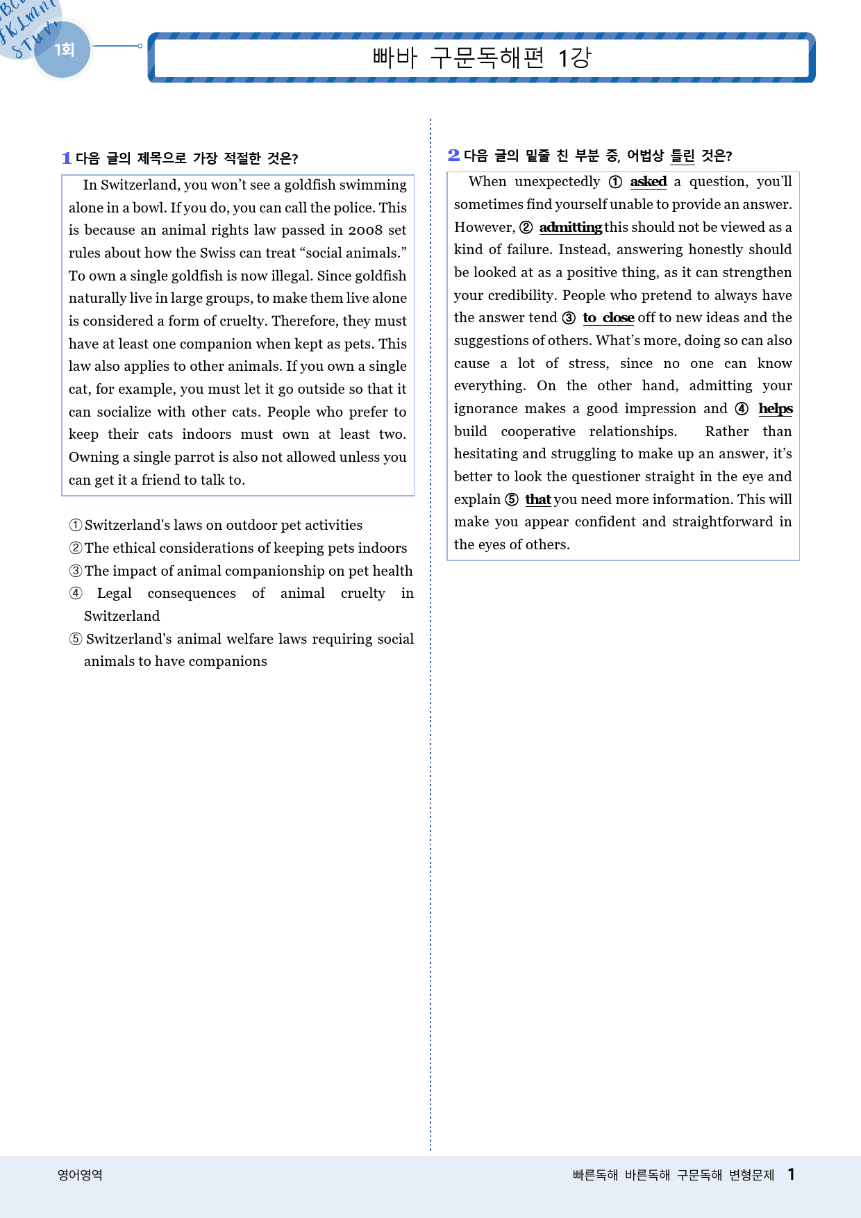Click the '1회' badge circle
click(63, 50)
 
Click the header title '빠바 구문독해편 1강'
click(481, 57)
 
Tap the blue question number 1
click(67, 158)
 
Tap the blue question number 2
click(453, 155)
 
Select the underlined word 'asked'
click(648, 181)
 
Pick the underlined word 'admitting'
click(570, 227)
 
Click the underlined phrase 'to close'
click(608, 317)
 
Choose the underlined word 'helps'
click(775, 408)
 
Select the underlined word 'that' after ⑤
click(537, 499)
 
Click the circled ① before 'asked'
click(615, 182)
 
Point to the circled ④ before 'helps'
click(742, 409)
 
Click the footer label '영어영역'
click(80, 1174)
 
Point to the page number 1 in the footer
click(791, 1174)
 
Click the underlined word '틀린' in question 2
click(682, 156)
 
